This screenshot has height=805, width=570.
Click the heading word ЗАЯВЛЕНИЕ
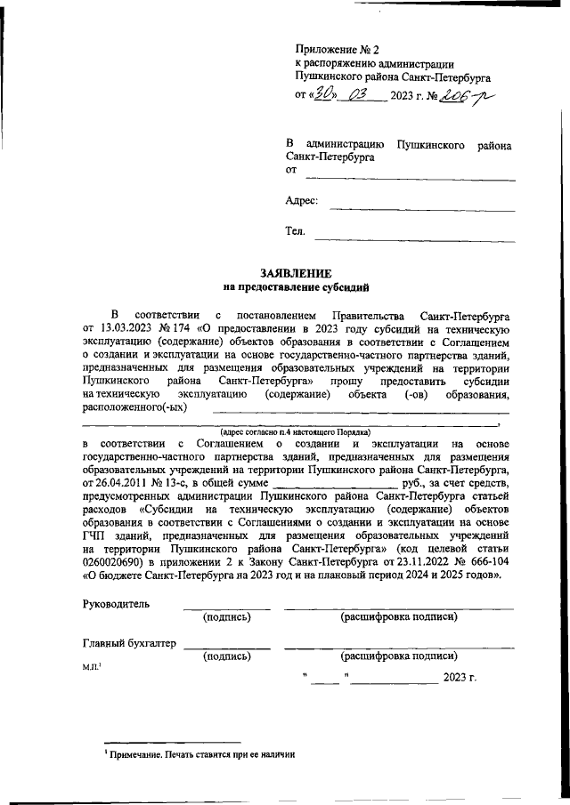click(x=295, y=274)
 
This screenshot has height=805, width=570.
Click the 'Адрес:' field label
click(x=302, y=201)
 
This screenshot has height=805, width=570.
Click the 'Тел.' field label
click(x=295, y=231)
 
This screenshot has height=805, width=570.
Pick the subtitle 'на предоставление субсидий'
click(x=295, y=287)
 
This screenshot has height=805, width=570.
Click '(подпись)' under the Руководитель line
click(x=226, y=616)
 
